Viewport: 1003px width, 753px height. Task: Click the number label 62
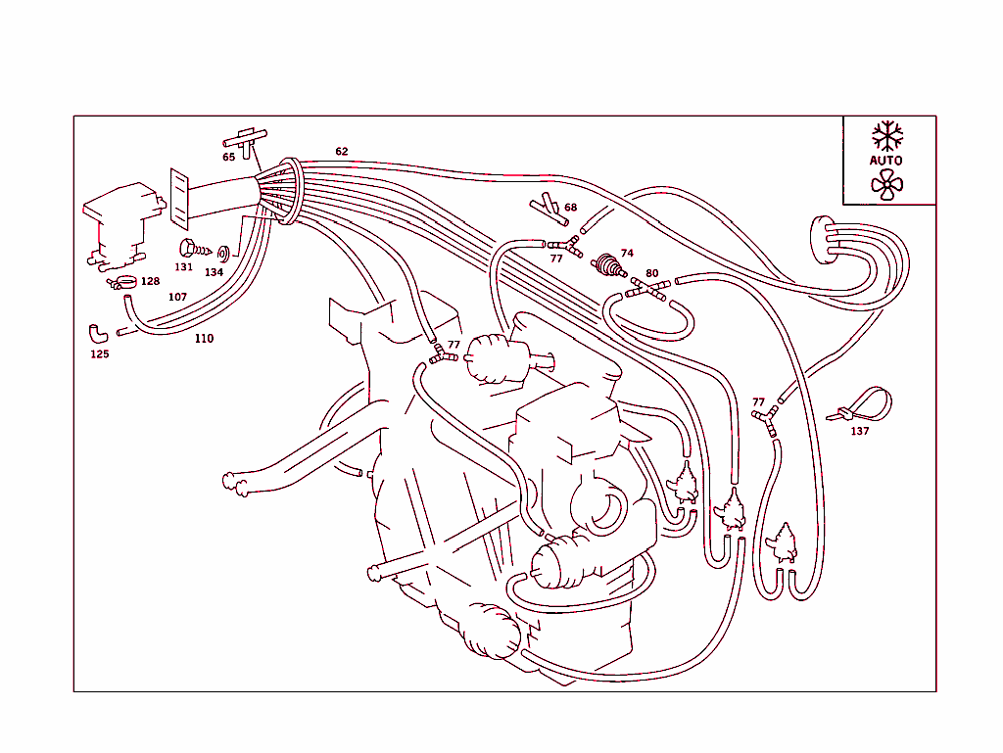click(341, 152)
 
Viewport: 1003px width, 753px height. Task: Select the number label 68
click(570, 208)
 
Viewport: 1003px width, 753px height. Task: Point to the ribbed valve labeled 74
click(610, 265)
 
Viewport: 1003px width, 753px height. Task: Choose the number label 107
click(177, 297)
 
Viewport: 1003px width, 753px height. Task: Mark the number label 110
click(204, 339)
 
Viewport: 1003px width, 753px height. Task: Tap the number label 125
click(100, 354)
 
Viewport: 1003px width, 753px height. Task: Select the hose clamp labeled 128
click(123, 283)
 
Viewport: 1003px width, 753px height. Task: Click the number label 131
click(184, 267)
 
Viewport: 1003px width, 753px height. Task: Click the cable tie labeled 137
click(862, 404)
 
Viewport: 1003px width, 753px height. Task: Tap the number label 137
click(859, 431)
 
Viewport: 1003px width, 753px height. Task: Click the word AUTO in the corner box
click(886, 160)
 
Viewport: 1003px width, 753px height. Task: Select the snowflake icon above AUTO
click(887, 135)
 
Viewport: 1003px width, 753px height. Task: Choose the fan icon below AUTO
click(887, 183)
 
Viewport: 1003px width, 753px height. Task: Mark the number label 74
click(627, 253)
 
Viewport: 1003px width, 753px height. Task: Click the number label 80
click(652, 273)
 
